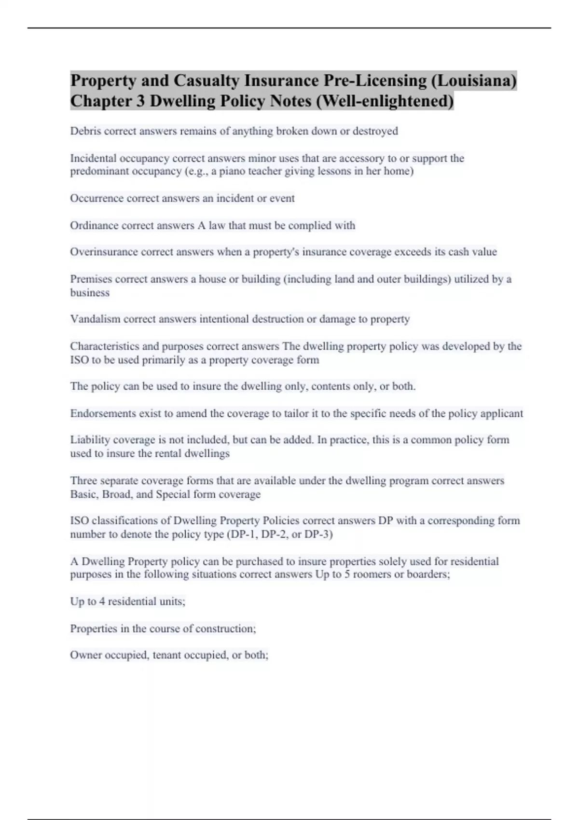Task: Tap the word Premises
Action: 91,279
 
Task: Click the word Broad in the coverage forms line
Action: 116,494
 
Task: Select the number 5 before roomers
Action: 347,574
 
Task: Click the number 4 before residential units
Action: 102,601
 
